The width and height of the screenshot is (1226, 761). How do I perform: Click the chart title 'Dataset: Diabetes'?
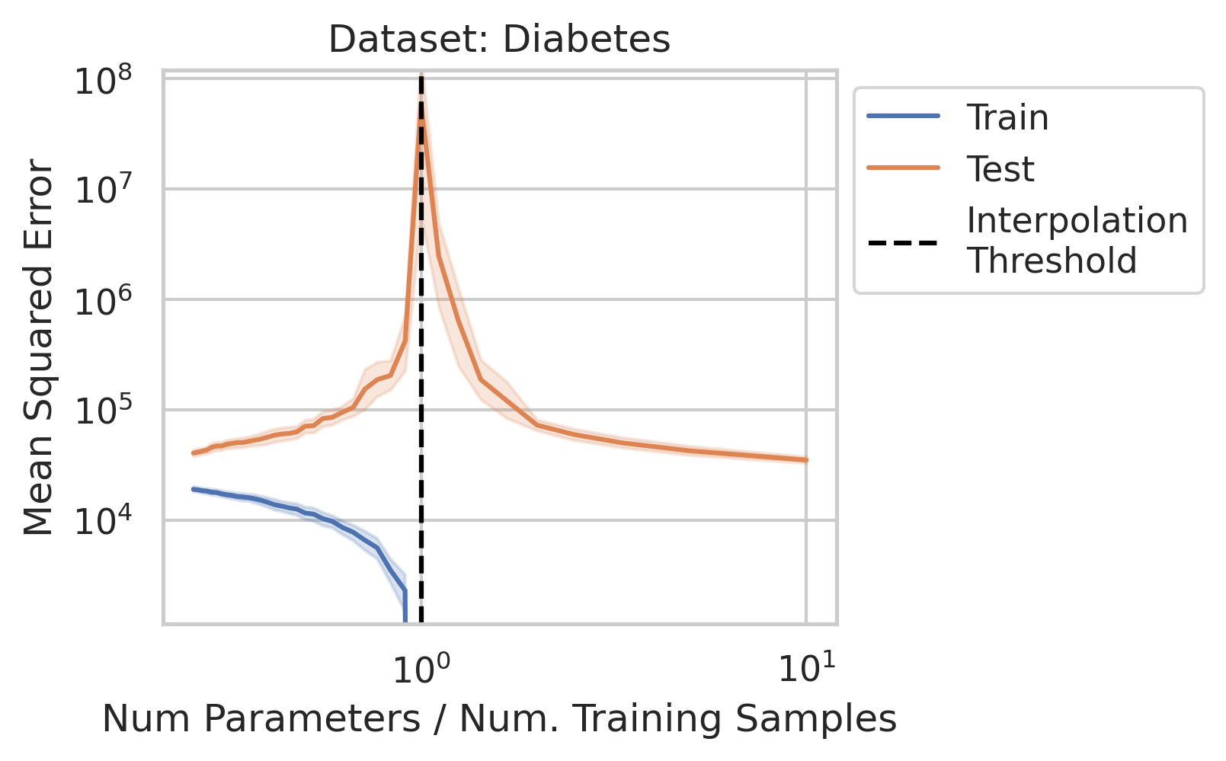(x=499, y=40)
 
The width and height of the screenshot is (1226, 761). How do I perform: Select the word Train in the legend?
(x=1007, y=118)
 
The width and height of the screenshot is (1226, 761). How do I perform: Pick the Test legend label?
(x=1000, y=169)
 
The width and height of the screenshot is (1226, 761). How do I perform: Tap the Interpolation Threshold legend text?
(x=1077, y=241)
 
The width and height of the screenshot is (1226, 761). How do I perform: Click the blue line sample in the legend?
(x=904, y=117)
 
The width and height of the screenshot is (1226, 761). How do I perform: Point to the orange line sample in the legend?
(x=904, y=168)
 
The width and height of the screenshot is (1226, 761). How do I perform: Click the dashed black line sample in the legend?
(x=904, y=243)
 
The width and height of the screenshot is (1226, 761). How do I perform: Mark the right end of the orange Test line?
(x=806, y=460)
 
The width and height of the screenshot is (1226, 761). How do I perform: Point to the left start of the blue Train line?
(x=194, y=489)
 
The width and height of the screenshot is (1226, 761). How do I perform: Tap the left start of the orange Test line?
(x=194, y=453)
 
